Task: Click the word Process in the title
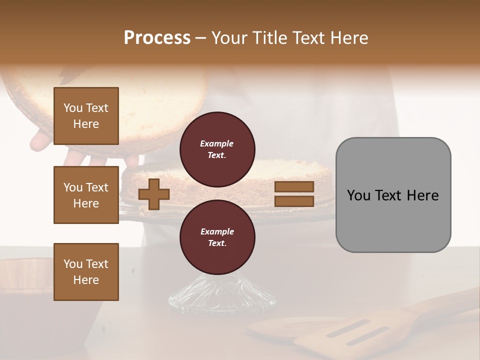point(157,38)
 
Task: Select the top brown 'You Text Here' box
point(86,116)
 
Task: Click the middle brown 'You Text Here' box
point(86,195)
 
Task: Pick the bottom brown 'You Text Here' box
point(86,272)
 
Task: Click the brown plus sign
point(154,194)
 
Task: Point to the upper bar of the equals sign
point(294,186)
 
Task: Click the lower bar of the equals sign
point(294,201)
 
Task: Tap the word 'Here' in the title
point(348,38)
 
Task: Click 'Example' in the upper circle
point(217,143)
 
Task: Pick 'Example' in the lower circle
point(217,231)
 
